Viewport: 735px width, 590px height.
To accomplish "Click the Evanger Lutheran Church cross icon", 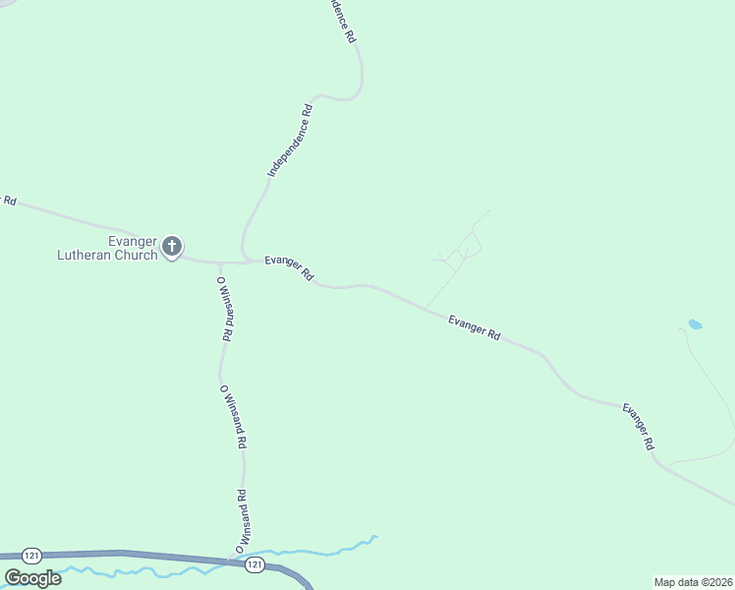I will (x=172, y=246).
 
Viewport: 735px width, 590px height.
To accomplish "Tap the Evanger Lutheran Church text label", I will (x=107, y=249).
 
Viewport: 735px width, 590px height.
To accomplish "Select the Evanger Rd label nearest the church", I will (x=289, y=267).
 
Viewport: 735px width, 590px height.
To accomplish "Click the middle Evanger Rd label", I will (x=474, y=327).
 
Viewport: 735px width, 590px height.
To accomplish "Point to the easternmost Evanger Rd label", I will (x=637, y=426).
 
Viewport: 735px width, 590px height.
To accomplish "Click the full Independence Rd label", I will (x=290, y=141).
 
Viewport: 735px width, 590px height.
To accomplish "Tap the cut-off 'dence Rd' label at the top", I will (x=341, y=21).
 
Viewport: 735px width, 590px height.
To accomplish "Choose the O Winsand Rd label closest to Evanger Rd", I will (x=224, y=308).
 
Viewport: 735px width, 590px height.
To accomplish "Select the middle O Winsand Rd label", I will (x=232, y=416).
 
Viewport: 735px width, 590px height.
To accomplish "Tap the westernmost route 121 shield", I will (x=33, y=556).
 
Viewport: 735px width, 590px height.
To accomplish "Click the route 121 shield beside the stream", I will (x=254, y=563).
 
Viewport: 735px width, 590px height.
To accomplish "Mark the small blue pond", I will (x=696, y=324).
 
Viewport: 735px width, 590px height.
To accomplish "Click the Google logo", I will (x=32, y=578).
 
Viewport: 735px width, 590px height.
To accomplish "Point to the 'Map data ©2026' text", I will (x=693, y=581).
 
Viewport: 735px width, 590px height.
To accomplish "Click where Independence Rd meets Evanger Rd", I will (x=246, y=262).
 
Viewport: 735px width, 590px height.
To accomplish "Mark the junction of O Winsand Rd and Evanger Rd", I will (x=219, y=264).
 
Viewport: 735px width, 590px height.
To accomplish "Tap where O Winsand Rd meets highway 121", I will (x=232, y=559).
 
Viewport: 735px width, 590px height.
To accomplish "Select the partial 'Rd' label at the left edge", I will (x=9, y=200).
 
